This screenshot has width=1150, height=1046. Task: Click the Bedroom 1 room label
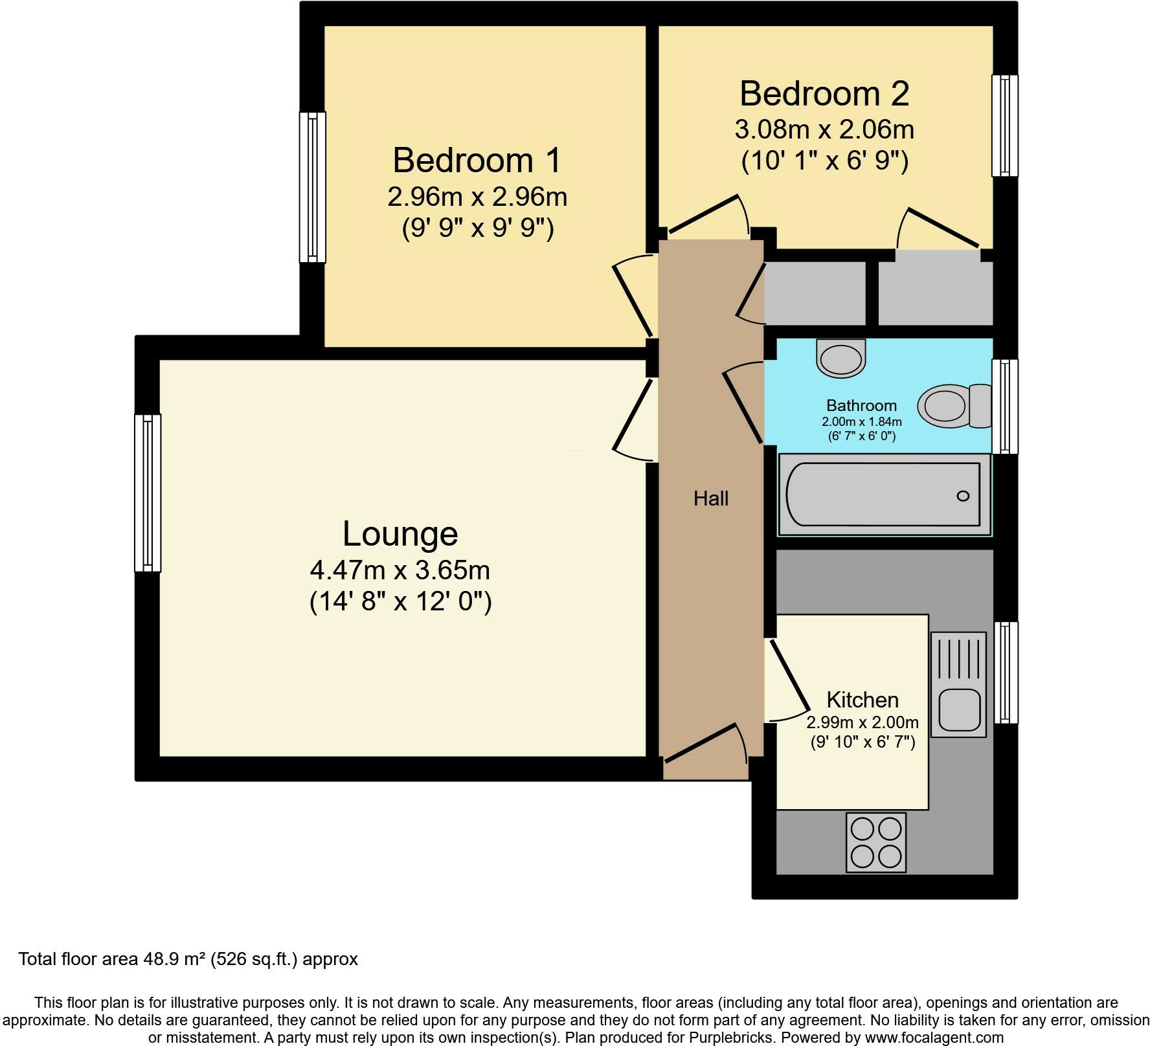click(477, 160)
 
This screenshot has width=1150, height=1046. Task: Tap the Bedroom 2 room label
click(824, 93)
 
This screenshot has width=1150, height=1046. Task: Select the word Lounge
click(400, 534)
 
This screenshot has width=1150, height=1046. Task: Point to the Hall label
click(711, 498)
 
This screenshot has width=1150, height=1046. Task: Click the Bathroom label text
click(861, 405)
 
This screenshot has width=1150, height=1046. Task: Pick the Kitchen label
click(862, 700)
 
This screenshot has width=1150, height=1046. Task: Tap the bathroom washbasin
click(841, 357)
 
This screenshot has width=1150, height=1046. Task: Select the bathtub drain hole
click(963, 496)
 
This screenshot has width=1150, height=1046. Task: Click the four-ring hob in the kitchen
click(876, 842)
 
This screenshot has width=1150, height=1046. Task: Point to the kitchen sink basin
click(959, 709)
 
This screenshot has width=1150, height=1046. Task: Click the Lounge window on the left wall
click(148, 493)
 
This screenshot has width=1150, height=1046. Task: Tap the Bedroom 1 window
click(312, 187)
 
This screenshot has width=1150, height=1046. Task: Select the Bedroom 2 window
click(1005, 126)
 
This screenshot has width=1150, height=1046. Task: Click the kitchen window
click(1005, 673)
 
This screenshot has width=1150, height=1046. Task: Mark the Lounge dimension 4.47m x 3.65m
click(400, 570)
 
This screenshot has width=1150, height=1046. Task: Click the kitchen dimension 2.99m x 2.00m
click(862, 722)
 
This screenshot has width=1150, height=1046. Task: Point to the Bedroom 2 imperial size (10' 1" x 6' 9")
click(824, 160)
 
